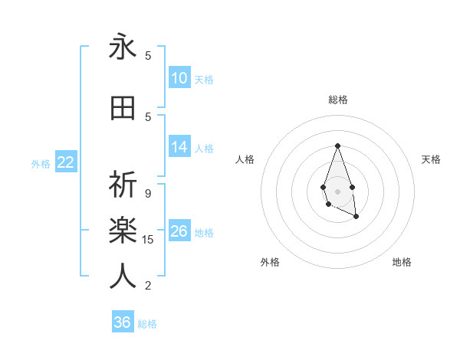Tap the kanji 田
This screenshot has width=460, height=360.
123,109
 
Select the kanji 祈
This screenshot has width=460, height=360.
123,185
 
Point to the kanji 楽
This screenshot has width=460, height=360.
123,230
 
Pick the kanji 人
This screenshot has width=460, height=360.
123,276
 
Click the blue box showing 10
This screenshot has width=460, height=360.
179,78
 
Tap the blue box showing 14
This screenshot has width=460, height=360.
179,147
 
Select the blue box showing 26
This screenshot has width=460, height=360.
179,231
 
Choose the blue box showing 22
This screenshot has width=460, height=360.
66,162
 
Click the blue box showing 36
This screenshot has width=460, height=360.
123,322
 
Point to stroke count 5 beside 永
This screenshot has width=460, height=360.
148,56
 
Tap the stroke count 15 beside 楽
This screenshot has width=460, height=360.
148,240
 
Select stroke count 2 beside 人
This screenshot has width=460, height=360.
148,286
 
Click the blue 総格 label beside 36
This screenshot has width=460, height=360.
147,324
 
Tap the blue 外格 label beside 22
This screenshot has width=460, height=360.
41,163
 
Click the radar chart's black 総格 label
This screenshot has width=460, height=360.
337,100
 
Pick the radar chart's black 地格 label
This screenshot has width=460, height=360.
402,262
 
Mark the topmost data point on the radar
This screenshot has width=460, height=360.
337,146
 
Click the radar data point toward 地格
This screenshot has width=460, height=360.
356,217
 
